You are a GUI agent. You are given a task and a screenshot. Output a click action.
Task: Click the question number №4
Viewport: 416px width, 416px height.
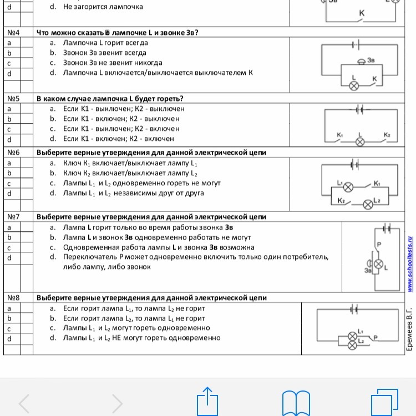[14, 32]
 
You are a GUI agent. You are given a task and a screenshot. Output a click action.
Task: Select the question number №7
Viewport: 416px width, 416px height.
[14, 216]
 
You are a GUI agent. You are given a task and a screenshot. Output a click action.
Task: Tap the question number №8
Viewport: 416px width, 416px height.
[14, 298]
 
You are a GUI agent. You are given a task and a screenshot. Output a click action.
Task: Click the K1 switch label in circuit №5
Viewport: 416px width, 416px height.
[340, 135]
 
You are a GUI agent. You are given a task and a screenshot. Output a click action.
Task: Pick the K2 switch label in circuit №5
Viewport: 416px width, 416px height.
[387, 135]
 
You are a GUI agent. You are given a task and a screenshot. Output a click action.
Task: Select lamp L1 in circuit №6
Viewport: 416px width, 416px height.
[349, 186]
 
